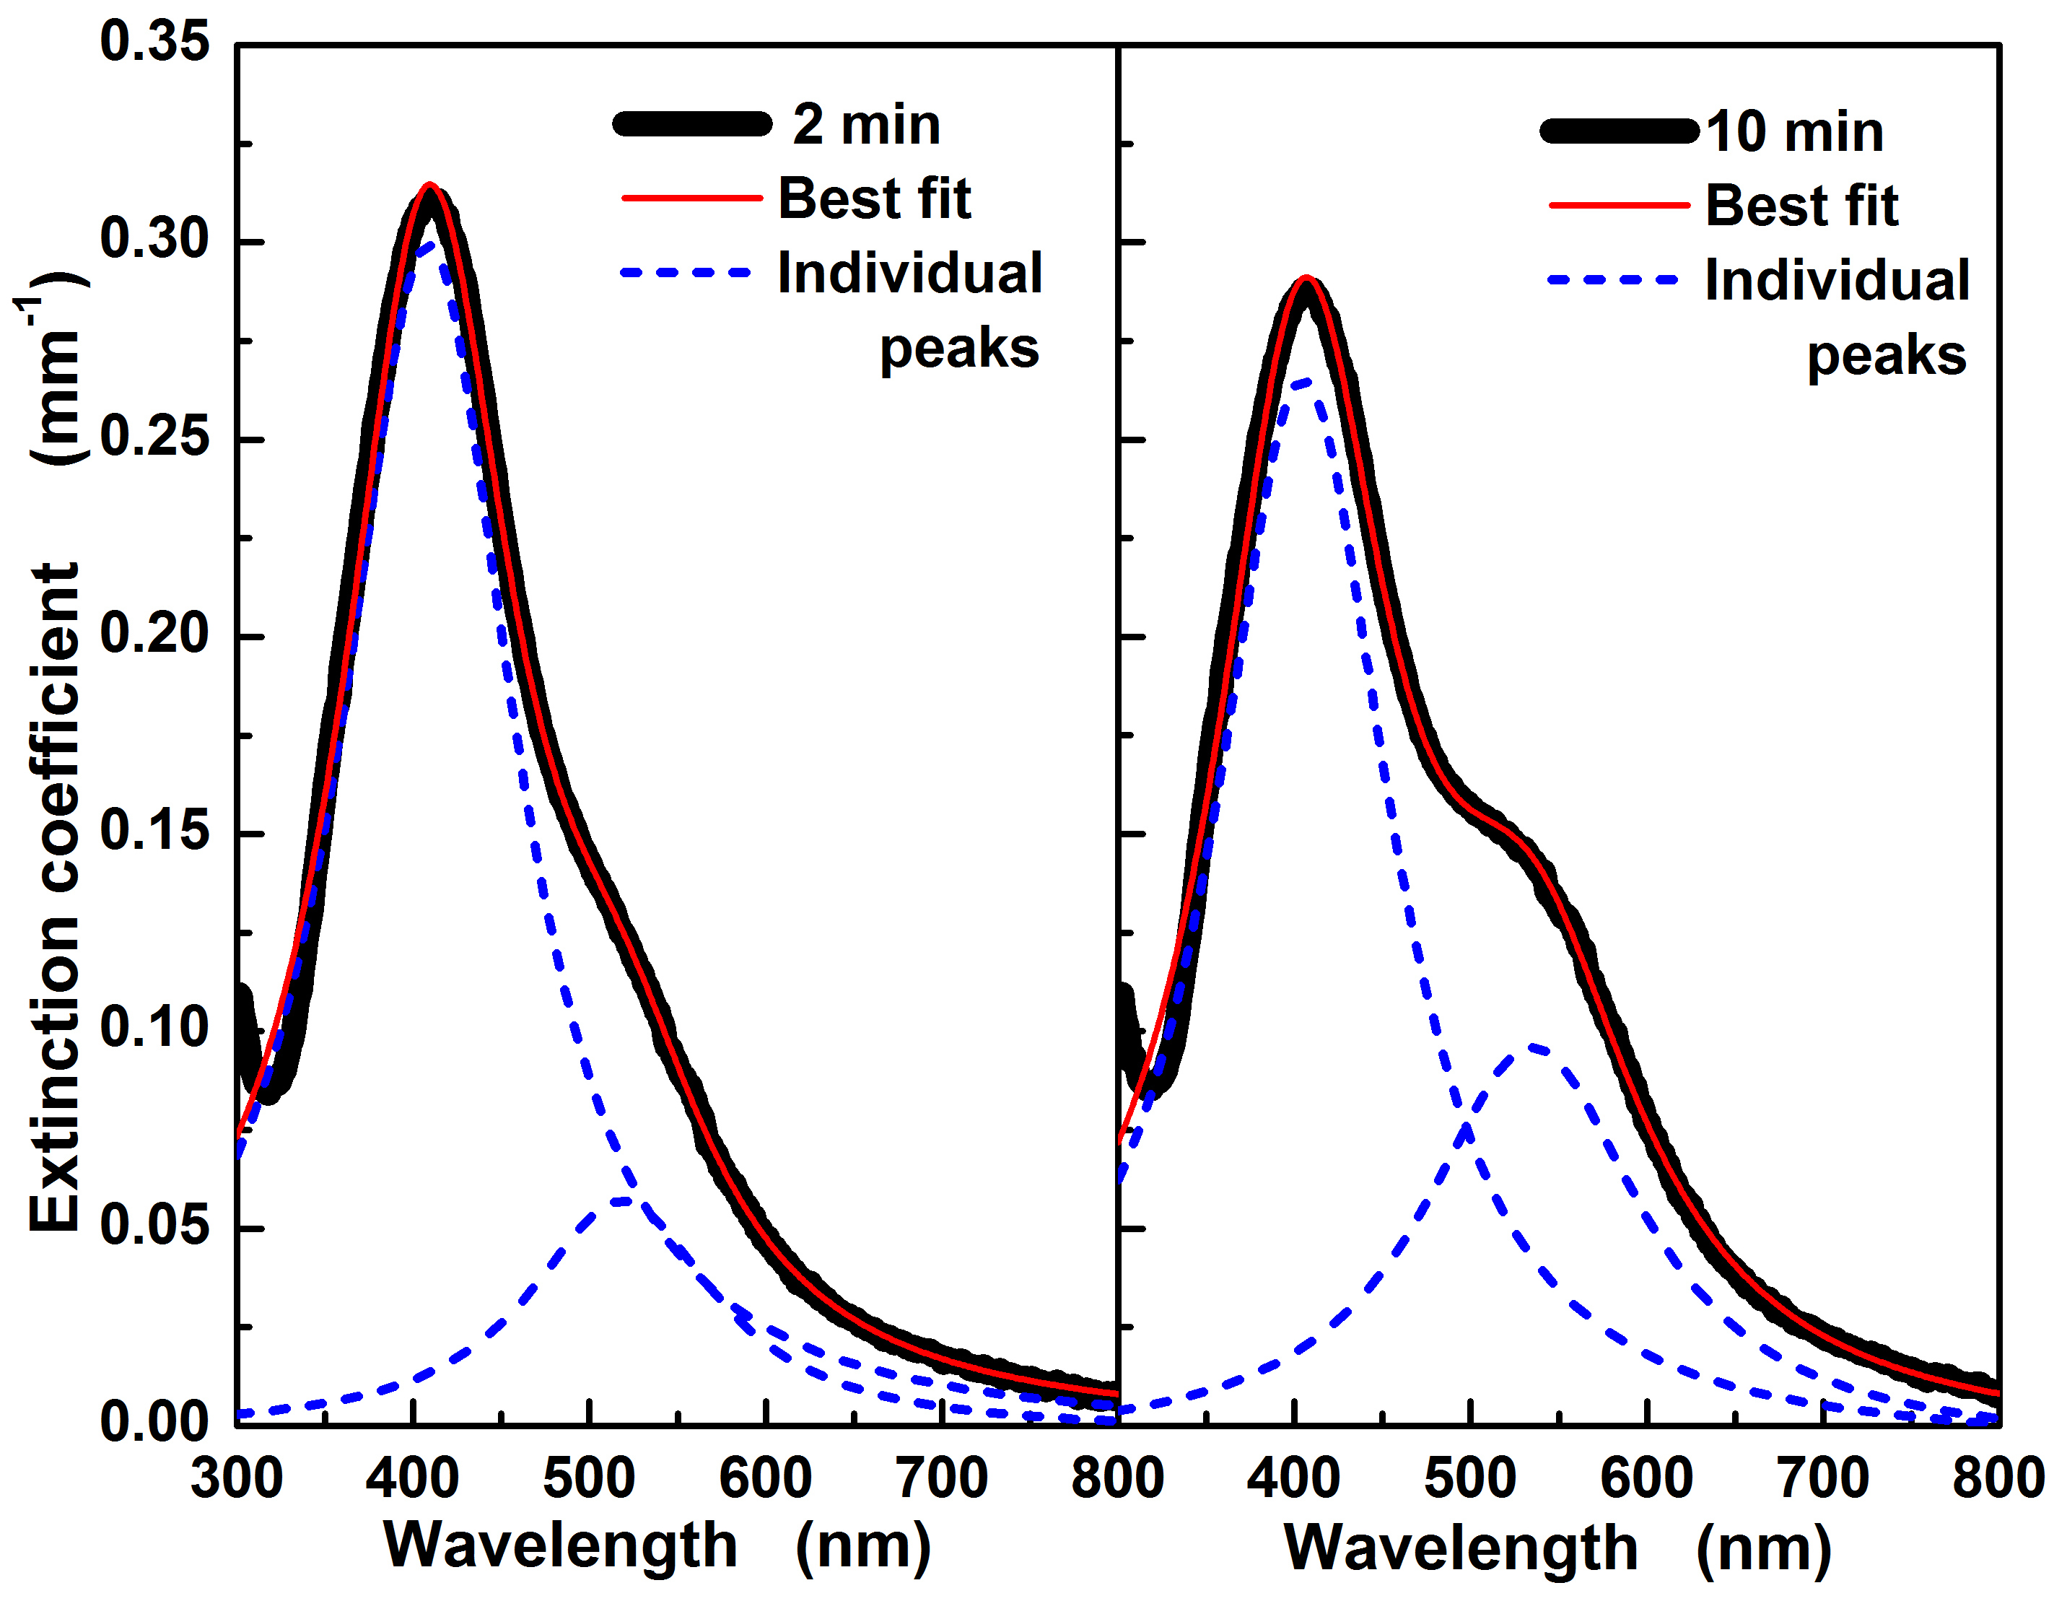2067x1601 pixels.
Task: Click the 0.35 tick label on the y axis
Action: [154, 43]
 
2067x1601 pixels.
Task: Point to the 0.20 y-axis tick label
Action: [154, 634]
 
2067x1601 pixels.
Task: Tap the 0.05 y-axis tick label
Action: [154, 1227]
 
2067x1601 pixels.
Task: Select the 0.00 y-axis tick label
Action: [154, 1423]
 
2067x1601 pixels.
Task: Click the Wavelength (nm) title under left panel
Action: [657, 1547]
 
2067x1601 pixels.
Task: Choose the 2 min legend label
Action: [866, 125]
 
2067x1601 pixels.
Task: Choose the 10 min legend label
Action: [1794, 131]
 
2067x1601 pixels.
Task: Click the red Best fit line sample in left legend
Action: [692, 199]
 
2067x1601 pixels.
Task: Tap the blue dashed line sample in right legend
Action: [1613, 280]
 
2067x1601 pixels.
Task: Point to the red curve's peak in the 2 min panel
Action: [429, 186]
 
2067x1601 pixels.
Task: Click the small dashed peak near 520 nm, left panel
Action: [621, 1201]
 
